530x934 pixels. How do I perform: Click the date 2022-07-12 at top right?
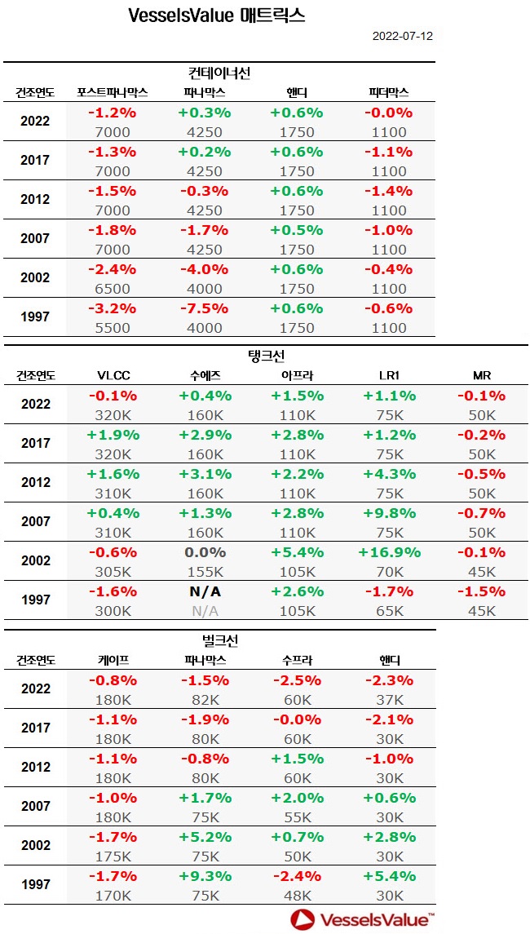[x=403, y=36]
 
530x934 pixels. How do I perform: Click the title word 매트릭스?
[x=273, y=15]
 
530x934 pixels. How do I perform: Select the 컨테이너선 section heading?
[x=219, y=73]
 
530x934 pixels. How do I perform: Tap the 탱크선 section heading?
[x=266, y=356]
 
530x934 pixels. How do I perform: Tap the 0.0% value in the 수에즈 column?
[x=205, y=552]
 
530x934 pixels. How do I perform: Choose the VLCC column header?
[x=113, y=376]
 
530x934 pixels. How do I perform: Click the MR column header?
[x=481, y=376]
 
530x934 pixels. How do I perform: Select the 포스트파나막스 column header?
[x=113, y=92]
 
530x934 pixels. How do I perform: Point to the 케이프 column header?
[x=113, y=660]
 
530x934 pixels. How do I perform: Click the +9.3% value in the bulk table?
[x=205, y=875]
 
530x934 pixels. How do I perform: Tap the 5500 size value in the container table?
[x=113, y=328]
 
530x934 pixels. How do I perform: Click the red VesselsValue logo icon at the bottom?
[x=302, y=919]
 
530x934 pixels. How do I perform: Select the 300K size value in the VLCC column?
[x=113, y=611]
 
